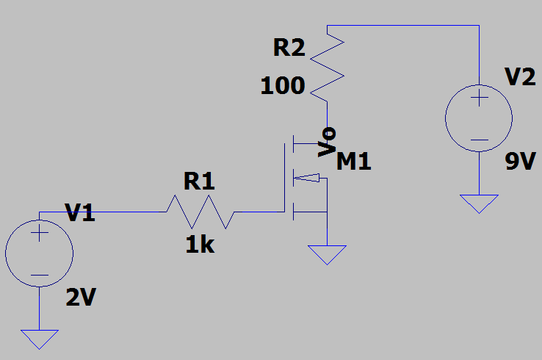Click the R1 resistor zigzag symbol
coord(200,212)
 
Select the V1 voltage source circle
coord(40,254)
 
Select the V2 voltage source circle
coord(479,118)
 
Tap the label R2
coord(289,48)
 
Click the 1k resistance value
coord(199,245)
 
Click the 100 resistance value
coord(282,87)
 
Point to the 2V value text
coord(81,298)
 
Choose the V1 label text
coord(81,214)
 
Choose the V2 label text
coord(521,76)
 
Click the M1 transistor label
coord(354,162)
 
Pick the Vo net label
coord(328,142)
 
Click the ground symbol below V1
coord(40,339)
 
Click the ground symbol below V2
coord(479,203)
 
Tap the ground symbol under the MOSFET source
coord(326,254)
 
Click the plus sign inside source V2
coord(479,98)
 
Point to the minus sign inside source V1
coord(40,276)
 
